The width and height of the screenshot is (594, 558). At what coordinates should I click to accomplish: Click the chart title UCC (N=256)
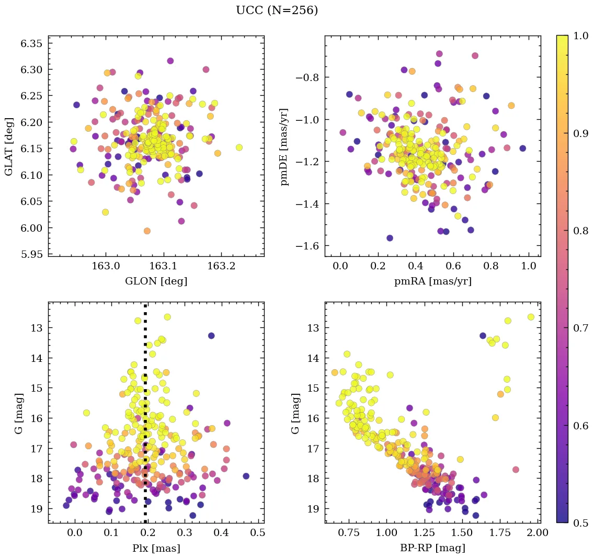coord(277,10)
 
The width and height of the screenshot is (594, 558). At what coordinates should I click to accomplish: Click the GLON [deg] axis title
coord(156,281)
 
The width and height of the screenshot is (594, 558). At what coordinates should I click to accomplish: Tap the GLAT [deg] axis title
coord(9,146)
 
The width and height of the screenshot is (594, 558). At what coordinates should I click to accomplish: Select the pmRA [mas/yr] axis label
coord(432,281)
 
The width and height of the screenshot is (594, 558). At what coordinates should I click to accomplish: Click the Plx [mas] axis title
coord(156,548)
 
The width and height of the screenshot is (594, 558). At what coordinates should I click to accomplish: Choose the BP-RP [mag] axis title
coord(432,548)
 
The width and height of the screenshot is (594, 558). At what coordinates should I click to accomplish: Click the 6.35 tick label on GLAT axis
coord(31,43)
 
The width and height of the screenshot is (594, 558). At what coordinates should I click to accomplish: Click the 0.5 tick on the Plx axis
coord(258,534)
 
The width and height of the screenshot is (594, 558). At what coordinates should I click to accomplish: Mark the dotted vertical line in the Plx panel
coord(145,418)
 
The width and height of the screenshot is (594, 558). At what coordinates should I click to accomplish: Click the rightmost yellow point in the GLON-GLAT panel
coord(239,147)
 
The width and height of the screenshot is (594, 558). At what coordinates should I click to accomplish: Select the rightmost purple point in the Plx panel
coord(246,476)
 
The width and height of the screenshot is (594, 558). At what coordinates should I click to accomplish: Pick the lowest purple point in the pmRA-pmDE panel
coord(390,238)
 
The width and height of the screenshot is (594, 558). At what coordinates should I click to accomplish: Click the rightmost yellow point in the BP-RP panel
coord(531,317)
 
